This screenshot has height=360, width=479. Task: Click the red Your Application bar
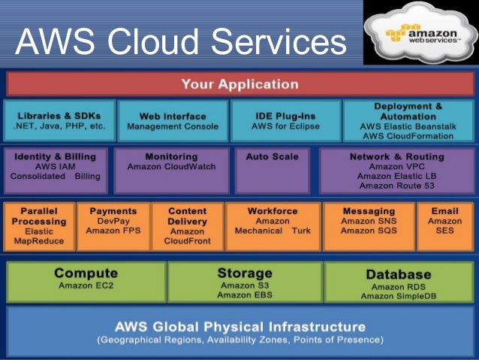point(239,83)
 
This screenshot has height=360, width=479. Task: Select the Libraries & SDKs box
point(59,120)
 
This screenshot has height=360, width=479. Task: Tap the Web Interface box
point(173,120)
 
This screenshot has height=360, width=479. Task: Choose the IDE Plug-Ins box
point(285,120)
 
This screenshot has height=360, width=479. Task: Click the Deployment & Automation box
point(408,121)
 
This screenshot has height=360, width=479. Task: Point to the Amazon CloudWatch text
point(172,166)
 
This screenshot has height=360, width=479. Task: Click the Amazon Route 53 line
point(396,185)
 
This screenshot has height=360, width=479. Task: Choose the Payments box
point(113,226)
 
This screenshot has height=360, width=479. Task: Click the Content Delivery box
point(187,226)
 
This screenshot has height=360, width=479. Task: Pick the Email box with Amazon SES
point(444,226)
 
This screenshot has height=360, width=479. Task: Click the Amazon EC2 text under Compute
point(86,286)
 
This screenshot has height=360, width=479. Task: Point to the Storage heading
point(245,273)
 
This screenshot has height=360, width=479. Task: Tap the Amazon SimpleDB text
point(398,296)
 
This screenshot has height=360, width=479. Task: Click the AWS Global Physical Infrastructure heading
point(239,327)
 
